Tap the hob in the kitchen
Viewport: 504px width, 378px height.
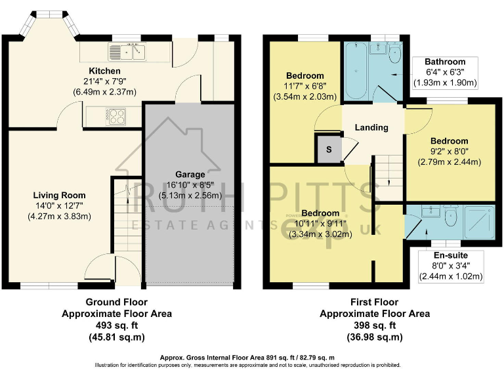coord(115,117)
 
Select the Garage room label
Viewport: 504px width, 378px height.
coord(190,175)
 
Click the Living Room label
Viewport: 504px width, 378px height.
coord(60,195)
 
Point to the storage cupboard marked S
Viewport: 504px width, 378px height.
coord(328,150)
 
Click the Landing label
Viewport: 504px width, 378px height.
coord(371,127)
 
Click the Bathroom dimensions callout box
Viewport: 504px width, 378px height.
coord(445,73)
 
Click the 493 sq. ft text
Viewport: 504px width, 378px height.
coord(117,325)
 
